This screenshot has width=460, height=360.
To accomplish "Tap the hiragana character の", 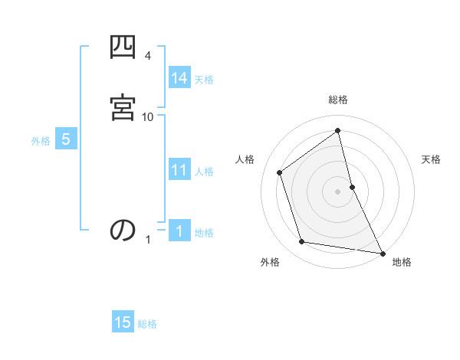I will tap(123, 231).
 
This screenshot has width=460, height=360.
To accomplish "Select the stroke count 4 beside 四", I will tap(148, 56).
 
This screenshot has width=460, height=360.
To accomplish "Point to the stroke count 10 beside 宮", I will tap(148, 116).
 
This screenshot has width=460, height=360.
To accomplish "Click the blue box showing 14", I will tap(179, 78).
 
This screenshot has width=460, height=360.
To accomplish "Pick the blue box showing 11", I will tap(179, 170).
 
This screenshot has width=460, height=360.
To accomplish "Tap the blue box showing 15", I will tap(123, 323).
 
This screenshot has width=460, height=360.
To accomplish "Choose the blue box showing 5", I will tap(66, 140).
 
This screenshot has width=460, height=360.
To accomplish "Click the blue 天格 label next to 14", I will tap(204, 79).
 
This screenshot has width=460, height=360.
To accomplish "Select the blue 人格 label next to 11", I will tap(205, 171).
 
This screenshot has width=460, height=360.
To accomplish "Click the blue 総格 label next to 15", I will tap(147, 324).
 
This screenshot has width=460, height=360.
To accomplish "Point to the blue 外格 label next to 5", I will tap(41, 141).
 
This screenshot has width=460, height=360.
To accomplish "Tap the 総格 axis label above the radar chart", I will tap(338, 100).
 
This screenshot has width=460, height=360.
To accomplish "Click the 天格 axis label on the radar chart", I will tap(431, 159).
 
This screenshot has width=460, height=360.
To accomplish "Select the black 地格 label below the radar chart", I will tap(402, 262).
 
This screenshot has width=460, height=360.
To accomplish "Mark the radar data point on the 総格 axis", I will tap(338, 131).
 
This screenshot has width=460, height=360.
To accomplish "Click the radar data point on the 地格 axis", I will tap(382, 252).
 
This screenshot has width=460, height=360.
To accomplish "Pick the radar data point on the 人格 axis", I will tap(280, 172).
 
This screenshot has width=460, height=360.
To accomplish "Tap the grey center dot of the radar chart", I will tap(338, 191).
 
